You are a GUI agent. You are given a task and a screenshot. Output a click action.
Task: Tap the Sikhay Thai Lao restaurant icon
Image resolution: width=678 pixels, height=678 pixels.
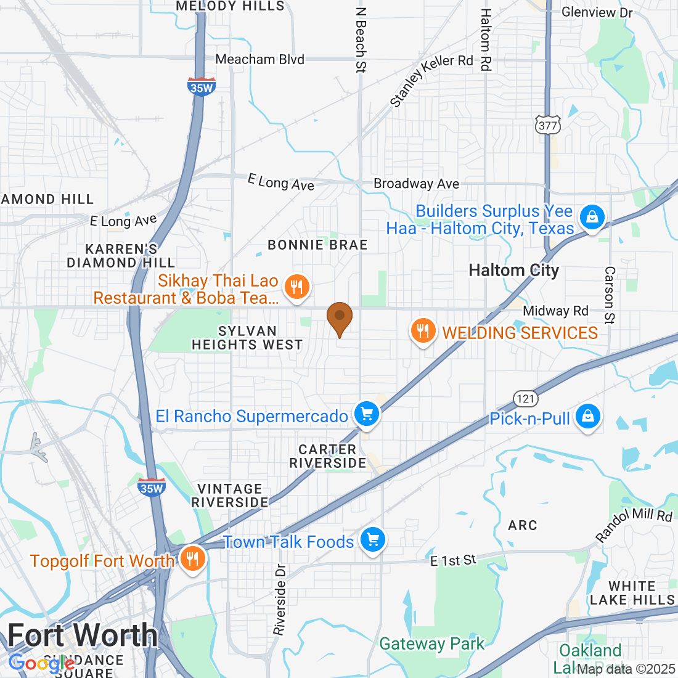(x=297, y=287)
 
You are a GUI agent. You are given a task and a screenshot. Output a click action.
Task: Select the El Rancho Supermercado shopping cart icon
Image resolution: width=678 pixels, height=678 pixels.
(x=367, y=414)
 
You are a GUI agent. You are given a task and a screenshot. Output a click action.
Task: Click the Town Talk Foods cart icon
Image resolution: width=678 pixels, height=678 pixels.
(x=372, y=540)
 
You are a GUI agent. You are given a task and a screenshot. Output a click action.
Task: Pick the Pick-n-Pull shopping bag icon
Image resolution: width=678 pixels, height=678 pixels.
(x=588, y=417)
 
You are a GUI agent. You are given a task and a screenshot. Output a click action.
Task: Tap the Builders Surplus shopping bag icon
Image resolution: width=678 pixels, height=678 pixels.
(x=592, y=217)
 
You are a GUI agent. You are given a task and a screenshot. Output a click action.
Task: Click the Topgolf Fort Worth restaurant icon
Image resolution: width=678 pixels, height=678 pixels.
(x=193, y=558)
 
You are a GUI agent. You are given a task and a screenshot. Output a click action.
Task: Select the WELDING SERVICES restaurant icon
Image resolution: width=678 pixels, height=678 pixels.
(x=423, y=331)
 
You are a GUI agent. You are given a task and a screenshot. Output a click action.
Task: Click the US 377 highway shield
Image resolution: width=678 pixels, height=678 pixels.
(x=547, y=126)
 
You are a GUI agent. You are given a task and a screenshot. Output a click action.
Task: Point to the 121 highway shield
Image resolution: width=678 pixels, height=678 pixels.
(x=526, y=399)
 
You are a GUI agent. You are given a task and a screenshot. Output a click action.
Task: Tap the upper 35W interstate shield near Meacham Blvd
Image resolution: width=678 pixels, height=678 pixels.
(x=202, y=87)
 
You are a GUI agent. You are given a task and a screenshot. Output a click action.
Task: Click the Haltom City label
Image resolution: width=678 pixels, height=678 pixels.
(x=513, y=271)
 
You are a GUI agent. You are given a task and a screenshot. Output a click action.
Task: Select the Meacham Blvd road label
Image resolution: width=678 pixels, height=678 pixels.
(x=259, y=59)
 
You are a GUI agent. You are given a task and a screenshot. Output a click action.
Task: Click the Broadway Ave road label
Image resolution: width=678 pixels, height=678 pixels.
(x=416, y=184)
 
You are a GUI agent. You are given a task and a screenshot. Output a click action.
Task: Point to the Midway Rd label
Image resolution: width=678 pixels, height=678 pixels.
(x=555, y=311)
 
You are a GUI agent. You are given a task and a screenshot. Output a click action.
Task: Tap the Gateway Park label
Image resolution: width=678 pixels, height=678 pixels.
(x=431, y=644)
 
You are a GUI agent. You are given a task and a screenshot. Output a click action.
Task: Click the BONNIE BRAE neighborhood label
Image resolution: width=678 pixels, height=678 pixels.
(x=317, y=245)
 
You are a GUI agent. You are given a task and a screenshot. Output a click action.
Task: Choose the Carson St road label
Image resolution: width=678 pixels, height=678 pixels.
(x=609, y=295)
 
